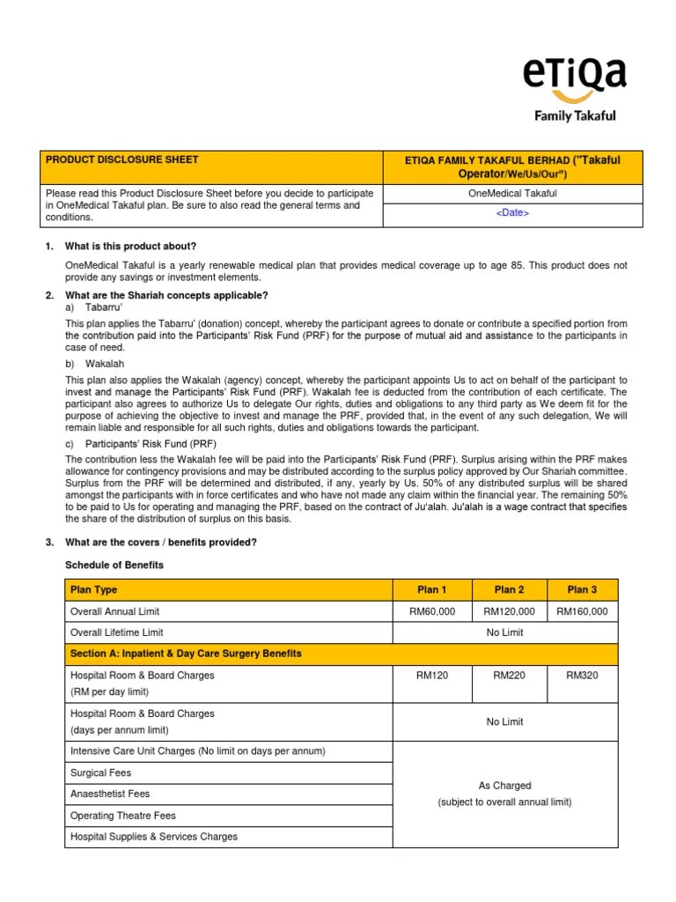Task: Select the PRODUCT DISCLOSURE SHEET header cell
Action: [x=122, y=159]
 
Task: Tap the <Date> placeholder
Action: [x=513, y=212]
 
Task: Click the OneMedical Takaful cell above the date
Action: [x=513, y=193]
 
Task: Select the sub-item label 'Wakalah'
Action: [x=105, y=363]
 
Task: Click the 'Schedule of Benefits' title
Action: [x=114, y=565]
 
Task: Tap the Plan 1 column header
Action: [x=431, y=589]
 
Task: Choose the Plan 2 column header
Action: [x=509, y=589]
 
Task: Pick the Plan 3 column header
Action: [x=582, y=589]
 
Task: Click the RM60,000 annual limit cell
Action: [x=431, y=611]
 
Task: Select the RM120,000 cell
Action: [x=509, y=611]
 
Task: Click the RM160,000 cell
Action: [x=582, y=611]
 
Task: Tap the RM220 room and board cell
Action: [x=509, y=676]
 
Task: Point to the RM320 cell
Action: [x=582, y=676]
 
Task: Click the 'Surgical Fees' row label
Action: [x=100, y=773]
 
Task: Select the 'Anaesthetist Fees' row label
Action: [x=109, y=794]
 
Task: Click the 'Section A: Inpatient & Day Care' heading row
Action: [x=186, y=654]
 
